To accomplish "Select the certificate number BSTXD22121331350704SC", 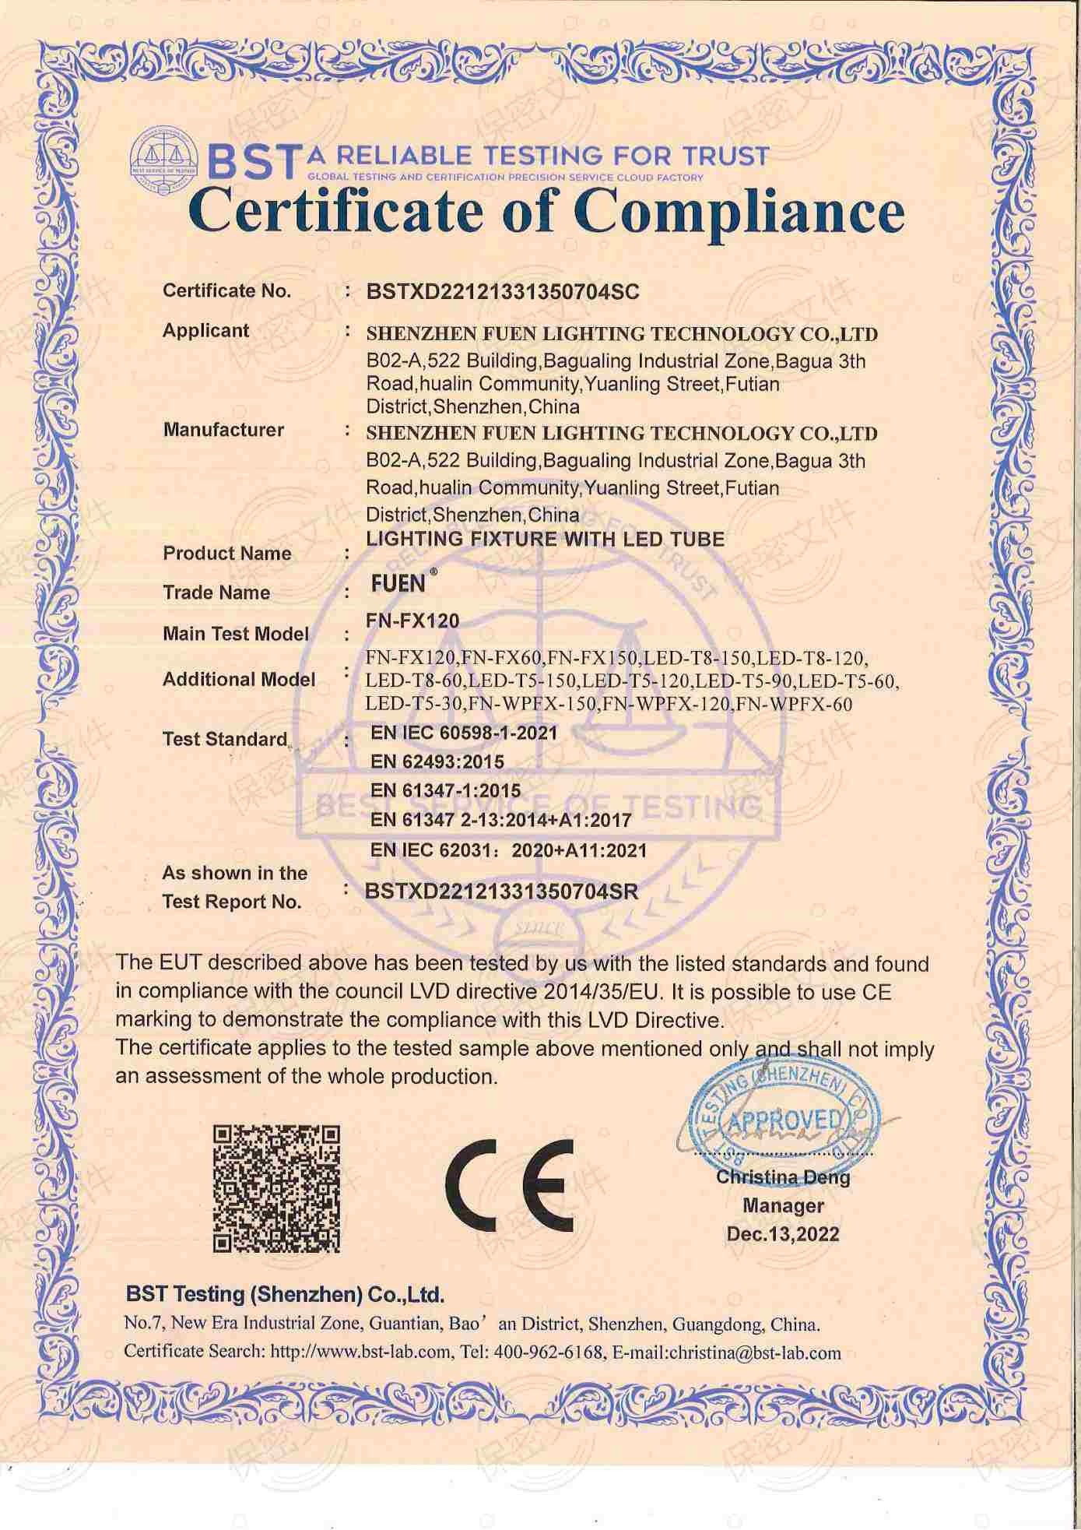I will click(x=503, y=292).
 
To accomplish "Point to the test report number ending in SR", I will click(x=502, y=892).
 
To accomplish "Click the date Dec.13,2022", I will click(x=783, y=1234).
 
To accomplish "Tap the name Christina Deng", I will click(x=783, y=1177).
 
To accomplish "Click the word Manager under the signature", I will click(x=783, y=1206).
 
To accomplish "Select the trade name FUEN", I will click(x=398, y=584).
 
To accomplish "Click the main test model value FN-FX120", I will click(x=412, y=621).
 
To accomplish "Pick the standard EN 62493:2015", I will click(x=437, y=761).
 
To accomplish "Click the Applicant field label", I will click(x=205, y=331).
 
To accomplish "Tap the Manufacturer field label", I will click(x=223, y=430).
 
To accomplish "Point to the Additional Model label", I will click(x=239, y=680).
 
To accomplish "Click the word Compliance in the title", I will click(x=743, y=211).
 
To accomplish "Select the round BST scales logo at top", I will click(x=164, y=156).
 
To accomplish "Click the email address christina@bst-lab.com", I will click(x=755, y=1353).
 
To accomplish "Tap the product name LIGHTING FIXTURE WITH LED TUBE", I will click(x=545, y=539).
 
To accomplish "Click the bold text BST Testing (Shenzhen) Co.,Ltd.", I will click(x=285, y=1295).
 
